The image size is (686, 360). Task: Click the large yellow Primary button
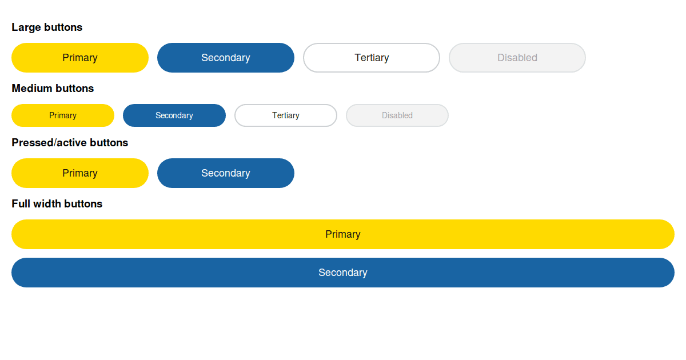(x=80, y=58)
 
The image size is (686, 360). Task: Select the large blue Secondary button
(x=226, y=58)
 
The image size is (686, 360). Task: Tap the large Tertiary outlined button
(x=372, y=58)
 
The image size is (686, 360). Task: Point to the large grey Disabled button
(x=517, y=58)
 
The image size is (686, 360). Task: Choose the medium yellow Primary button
(x=63, y=115)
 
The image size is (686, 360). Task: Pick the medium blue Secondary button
(x=174, y=115)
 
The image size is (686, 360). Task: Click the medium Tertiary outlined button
(x=286, y=115)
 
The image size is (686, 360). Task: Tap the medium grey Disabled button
(x=397, y=115)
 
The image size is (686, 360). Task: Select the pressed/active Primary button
(x=80, y=173)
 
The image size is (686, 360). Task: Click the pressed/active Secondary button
(x=226, y=173)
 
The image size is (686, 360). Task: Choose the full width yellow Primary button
(x=343, y=234)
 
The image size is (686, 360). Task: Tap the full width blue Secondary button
(x=343, y=273)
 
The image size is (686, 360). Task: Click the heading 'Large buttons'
(x=47, y=27)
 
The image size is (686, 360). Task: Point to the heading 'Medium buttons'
(x=53, y=89)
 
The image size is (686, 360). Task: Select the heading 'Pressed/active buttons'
(x=70, y=143)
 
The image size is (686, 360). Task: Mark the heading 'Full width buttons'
(x=57, y=204)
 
